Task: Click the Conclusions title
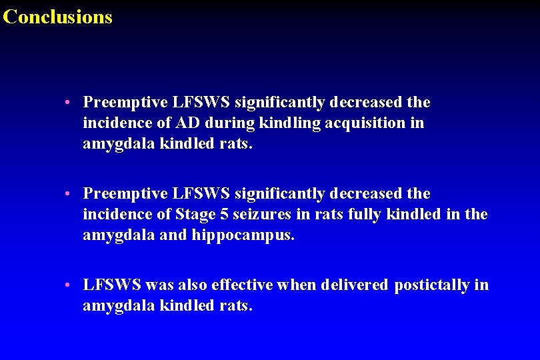(57, 17)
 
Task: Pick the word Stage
(195, 215)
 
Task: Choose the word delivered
(354, 285)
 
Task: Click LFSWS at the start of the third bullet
(112, 285)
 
